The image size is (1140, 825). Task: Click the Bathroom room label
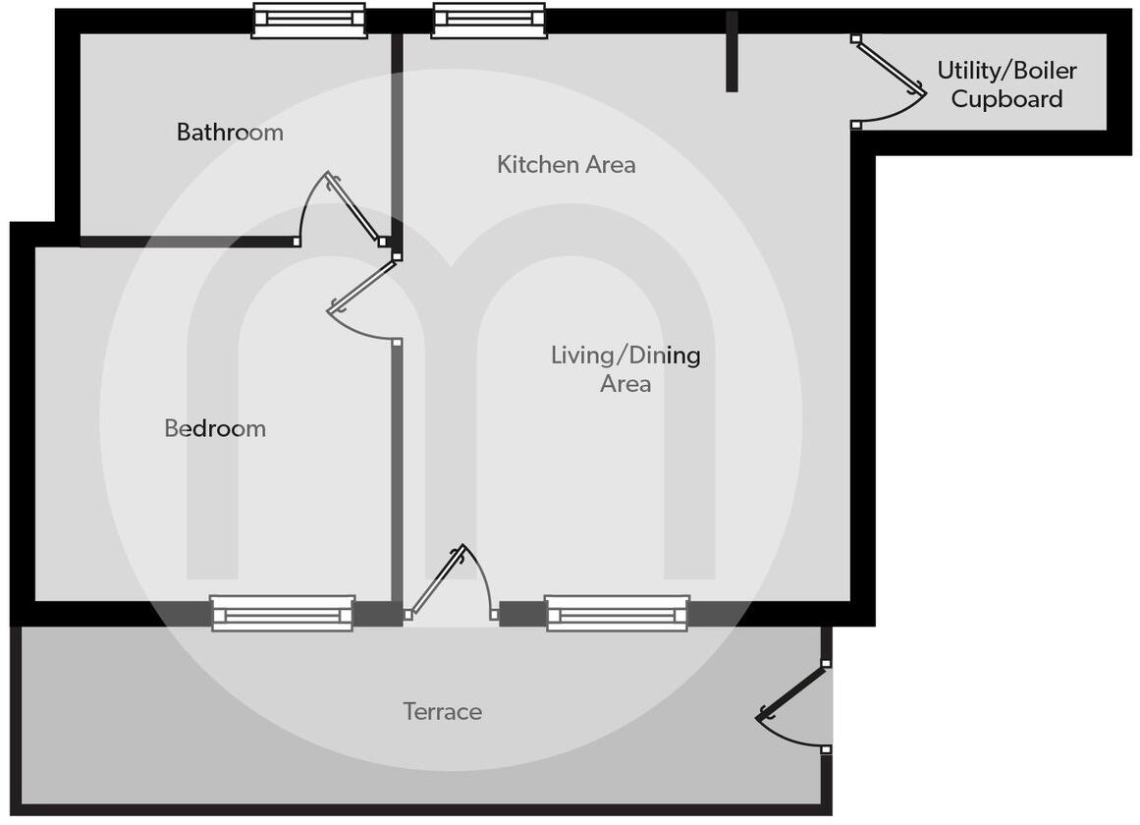[x=230, y=132]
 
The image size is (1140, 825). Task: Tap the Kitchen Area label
[x=566, y=164]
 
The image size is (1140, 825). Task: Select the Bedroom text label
[x=215, y=428]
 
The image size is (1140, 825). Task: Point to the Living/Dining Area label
[x=625, y=368]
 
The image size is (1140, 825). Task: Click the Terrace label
[x=442, y=711]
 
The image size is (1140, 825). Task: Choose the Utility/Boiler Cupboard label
[x=1006, y=84]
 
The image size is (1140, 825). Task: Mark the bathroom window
[x=309, y=21]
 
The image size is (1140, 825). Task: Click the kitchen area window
[x=489, y=21]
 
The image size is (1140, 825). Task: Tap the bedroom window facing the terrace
[x=283, y=613]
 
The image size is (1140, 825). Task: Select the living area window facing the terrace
[x=618, y=613]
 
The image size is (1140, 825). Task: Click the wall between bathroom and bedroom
[x=187, y=241]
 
